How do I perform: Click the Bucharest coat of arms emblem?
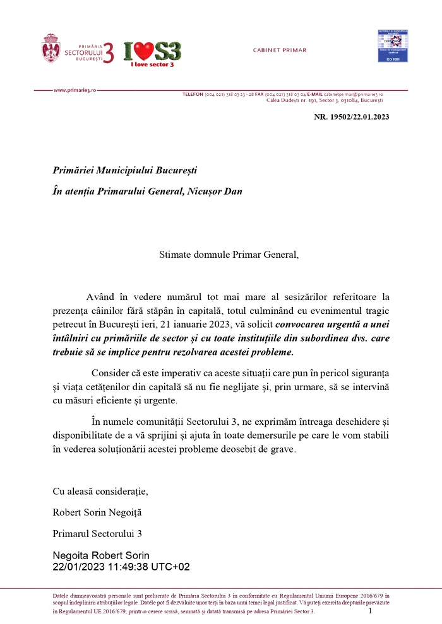pos(51,48)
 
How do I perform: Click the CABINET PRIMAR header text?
pos(279,50)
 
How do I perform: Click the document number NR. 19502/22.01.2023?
pos(352,117)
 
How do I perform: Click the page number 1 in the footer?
pos(370,610)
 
